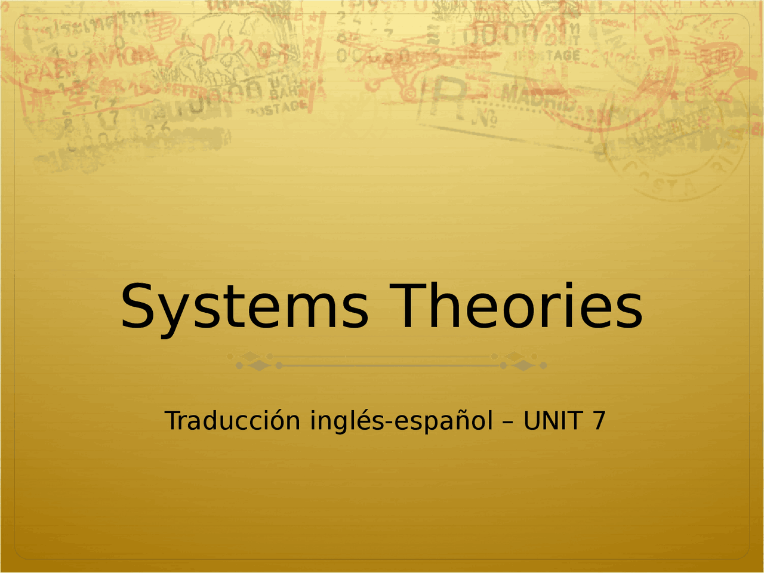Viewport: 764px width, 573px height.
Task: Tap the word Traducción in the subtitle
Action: pyautogui.click(x=232, y=421)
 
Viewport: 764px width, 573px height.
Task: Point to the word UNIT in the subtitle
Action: pyautogui.click(x=552, y=421)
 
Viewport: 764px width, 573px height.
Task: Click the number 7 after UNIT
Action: pyautogui.click(x=599, y=421)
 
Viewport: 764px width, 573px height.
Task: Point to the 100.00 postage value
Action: pyautogui.click(x=507, y=36)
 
